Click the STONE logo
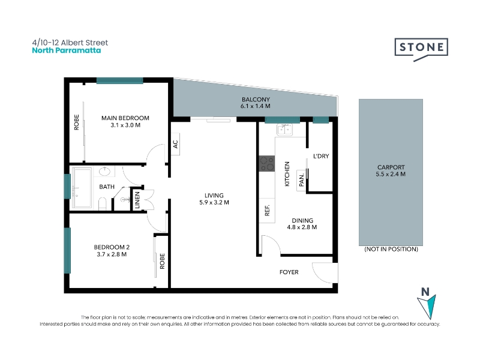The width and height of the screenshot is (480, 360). click(x=421, y=49)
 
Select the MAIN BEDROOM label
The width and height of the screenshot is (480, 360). click(x=125, y=118)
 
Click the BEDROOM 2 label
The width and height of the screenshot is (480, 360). click(x=112, y=247)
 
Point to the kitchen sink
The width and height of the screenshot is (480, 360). click(x=284, y=130)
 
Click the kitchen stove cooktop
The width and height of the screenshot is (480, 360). click(x=267, y=163)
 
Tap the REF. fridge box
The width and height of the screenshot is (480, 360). click(x=267, y=211)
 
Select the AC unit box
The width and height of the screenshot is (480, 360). click(x=175, y=144)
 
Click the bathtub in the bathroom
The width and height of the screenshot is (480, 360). click(x=82, y=188)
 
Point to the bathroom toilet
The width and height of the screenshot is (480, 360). click(x=103, y=203)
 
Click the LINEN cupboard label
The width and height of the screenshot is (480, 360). click(x=137, y=200)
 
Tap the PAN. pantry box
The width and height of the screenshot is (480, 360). click(x=301, y=181)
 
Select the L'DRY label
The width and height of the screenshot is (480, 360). click(x=321, y=156)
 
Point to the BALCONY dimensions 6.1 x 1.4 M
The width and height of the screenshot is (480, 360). click(x=256, y=106)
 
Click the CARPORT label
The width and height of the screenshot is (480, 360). click(x=391, y=167)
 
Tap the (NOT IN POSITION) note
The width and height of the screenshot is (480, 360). click(x=391, y=249)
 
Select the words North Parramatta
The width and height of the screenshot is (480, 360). click(x=67, y=50)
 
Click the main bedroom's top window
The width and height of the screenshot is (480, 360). click(x=119, y=81)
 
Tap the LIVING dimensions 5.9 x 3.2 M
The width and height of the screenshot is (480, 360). click(x=214, y=202)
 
